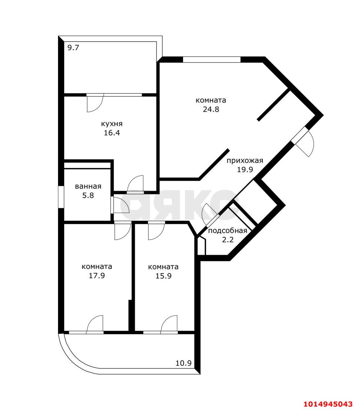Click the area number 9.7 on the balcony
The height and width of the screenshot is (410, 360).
pyautogui.click(x=73, y=48)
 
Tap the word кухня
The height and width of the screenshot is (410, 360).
pyautogui.click(x=112, y=124)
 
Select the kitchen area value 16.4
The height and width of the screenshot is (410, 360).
pyautogui.click(x=112, y=133)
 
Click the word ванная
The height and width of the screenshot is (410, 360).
pyautogui.click(x=88, y=186)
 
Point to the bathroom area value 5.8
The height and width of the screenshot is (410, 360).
pyautogui.click(x=88, y=195)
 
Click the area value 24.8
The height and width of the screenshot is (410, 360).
pyautogui.click(x=211, y=109)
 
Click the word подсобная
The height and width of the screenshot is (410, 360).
pyautogui.click(x=228, y=231)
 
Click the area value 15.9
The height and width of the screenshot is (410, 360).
pyautogui.click(x=163, y=275)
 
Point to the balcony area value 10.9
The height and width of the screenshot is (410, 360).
pyautogui.click(x=184, y=363)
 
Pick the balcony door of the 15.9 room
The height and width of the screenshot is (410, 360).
pyautogui.click(x=169, y=324)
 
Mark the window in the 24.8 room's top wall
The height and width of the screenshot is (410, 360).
pyautogui.click(x=212, y=60)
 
